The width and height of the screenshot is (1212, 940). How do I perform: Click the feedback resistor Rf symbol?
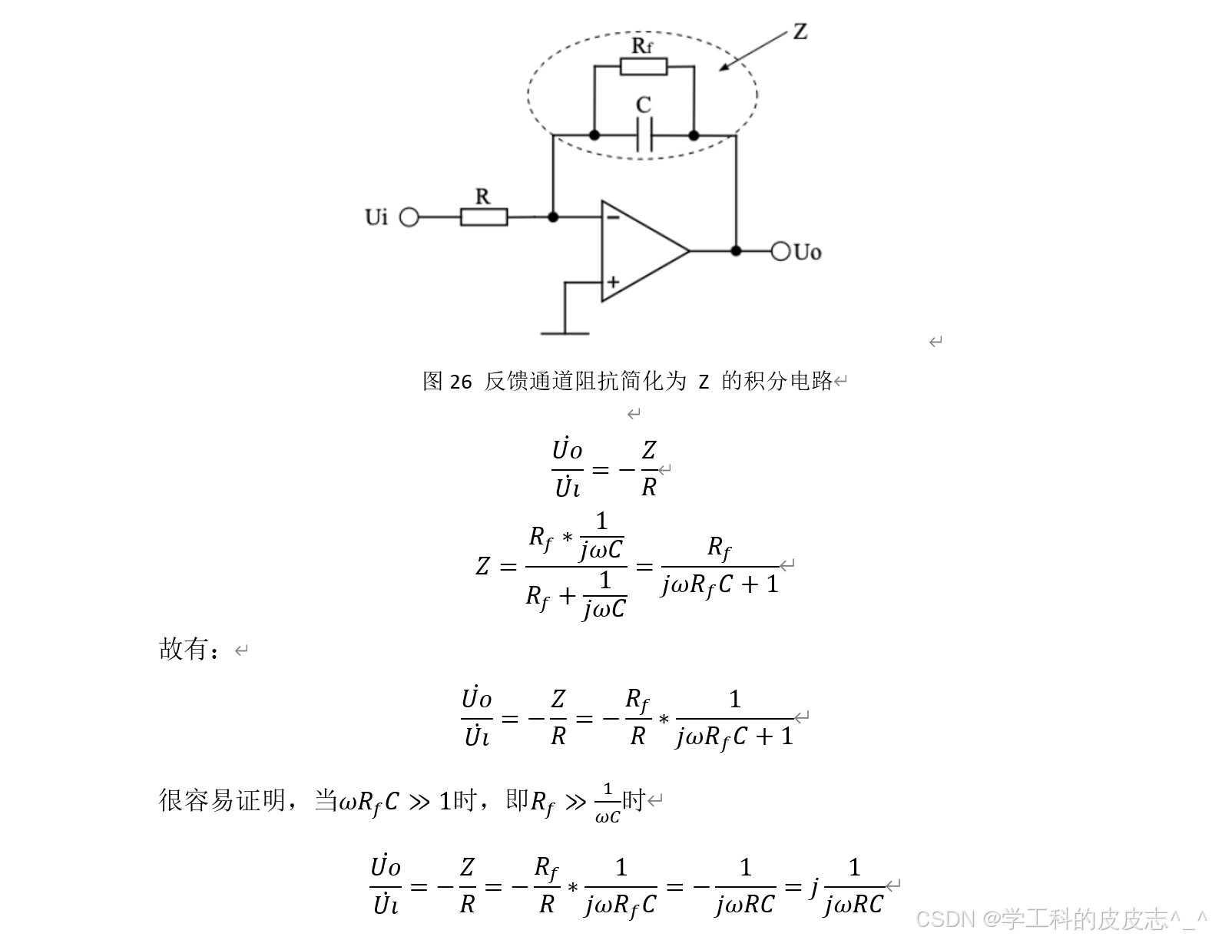point(644,67)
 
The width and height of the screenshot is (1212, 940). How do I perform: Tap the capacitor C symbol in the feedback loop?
point(644,136)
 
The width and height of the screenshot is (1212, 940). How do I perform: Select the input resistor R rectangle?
point(483,217)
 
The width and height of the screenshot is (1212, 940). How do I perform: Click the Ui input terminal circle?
point(409,217)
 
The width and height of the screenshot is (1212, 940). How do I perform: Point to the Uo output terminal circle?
point(780,251)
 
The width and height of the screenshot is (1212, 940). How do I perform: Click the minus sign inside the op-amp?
point(613,217)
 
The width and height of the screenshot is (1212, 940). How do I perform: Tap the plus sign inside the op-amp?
point(613,282)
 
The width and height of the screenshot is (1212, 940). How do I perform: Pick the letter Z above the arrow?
point(800,31)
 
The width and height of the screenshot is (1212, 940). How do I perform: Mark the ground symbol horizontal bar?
point(565,333)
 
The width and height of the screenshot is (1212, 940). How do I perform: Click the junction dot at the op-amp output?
point(736,251)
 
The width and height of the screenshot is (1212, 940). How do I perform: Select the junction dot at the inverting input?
point(553,217)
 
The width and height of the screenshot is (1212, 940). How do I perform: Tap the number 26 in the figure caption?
point(460,382)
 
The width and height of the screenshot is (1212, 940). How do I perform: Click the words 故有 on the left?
point(183,650)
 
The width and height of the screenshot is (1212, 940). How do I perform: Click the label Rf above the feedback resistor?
point(642,46)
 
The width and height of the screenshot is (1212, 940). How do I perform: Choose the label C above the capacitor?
point(644,105)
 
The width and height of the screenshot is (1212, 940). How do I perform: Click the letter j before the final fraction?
point(814,887)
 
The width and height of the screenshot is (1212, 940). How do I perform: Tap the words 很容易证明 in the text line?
point(222,800)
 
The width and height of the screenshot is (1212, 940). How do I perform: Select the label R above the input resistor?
point(482,197)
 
